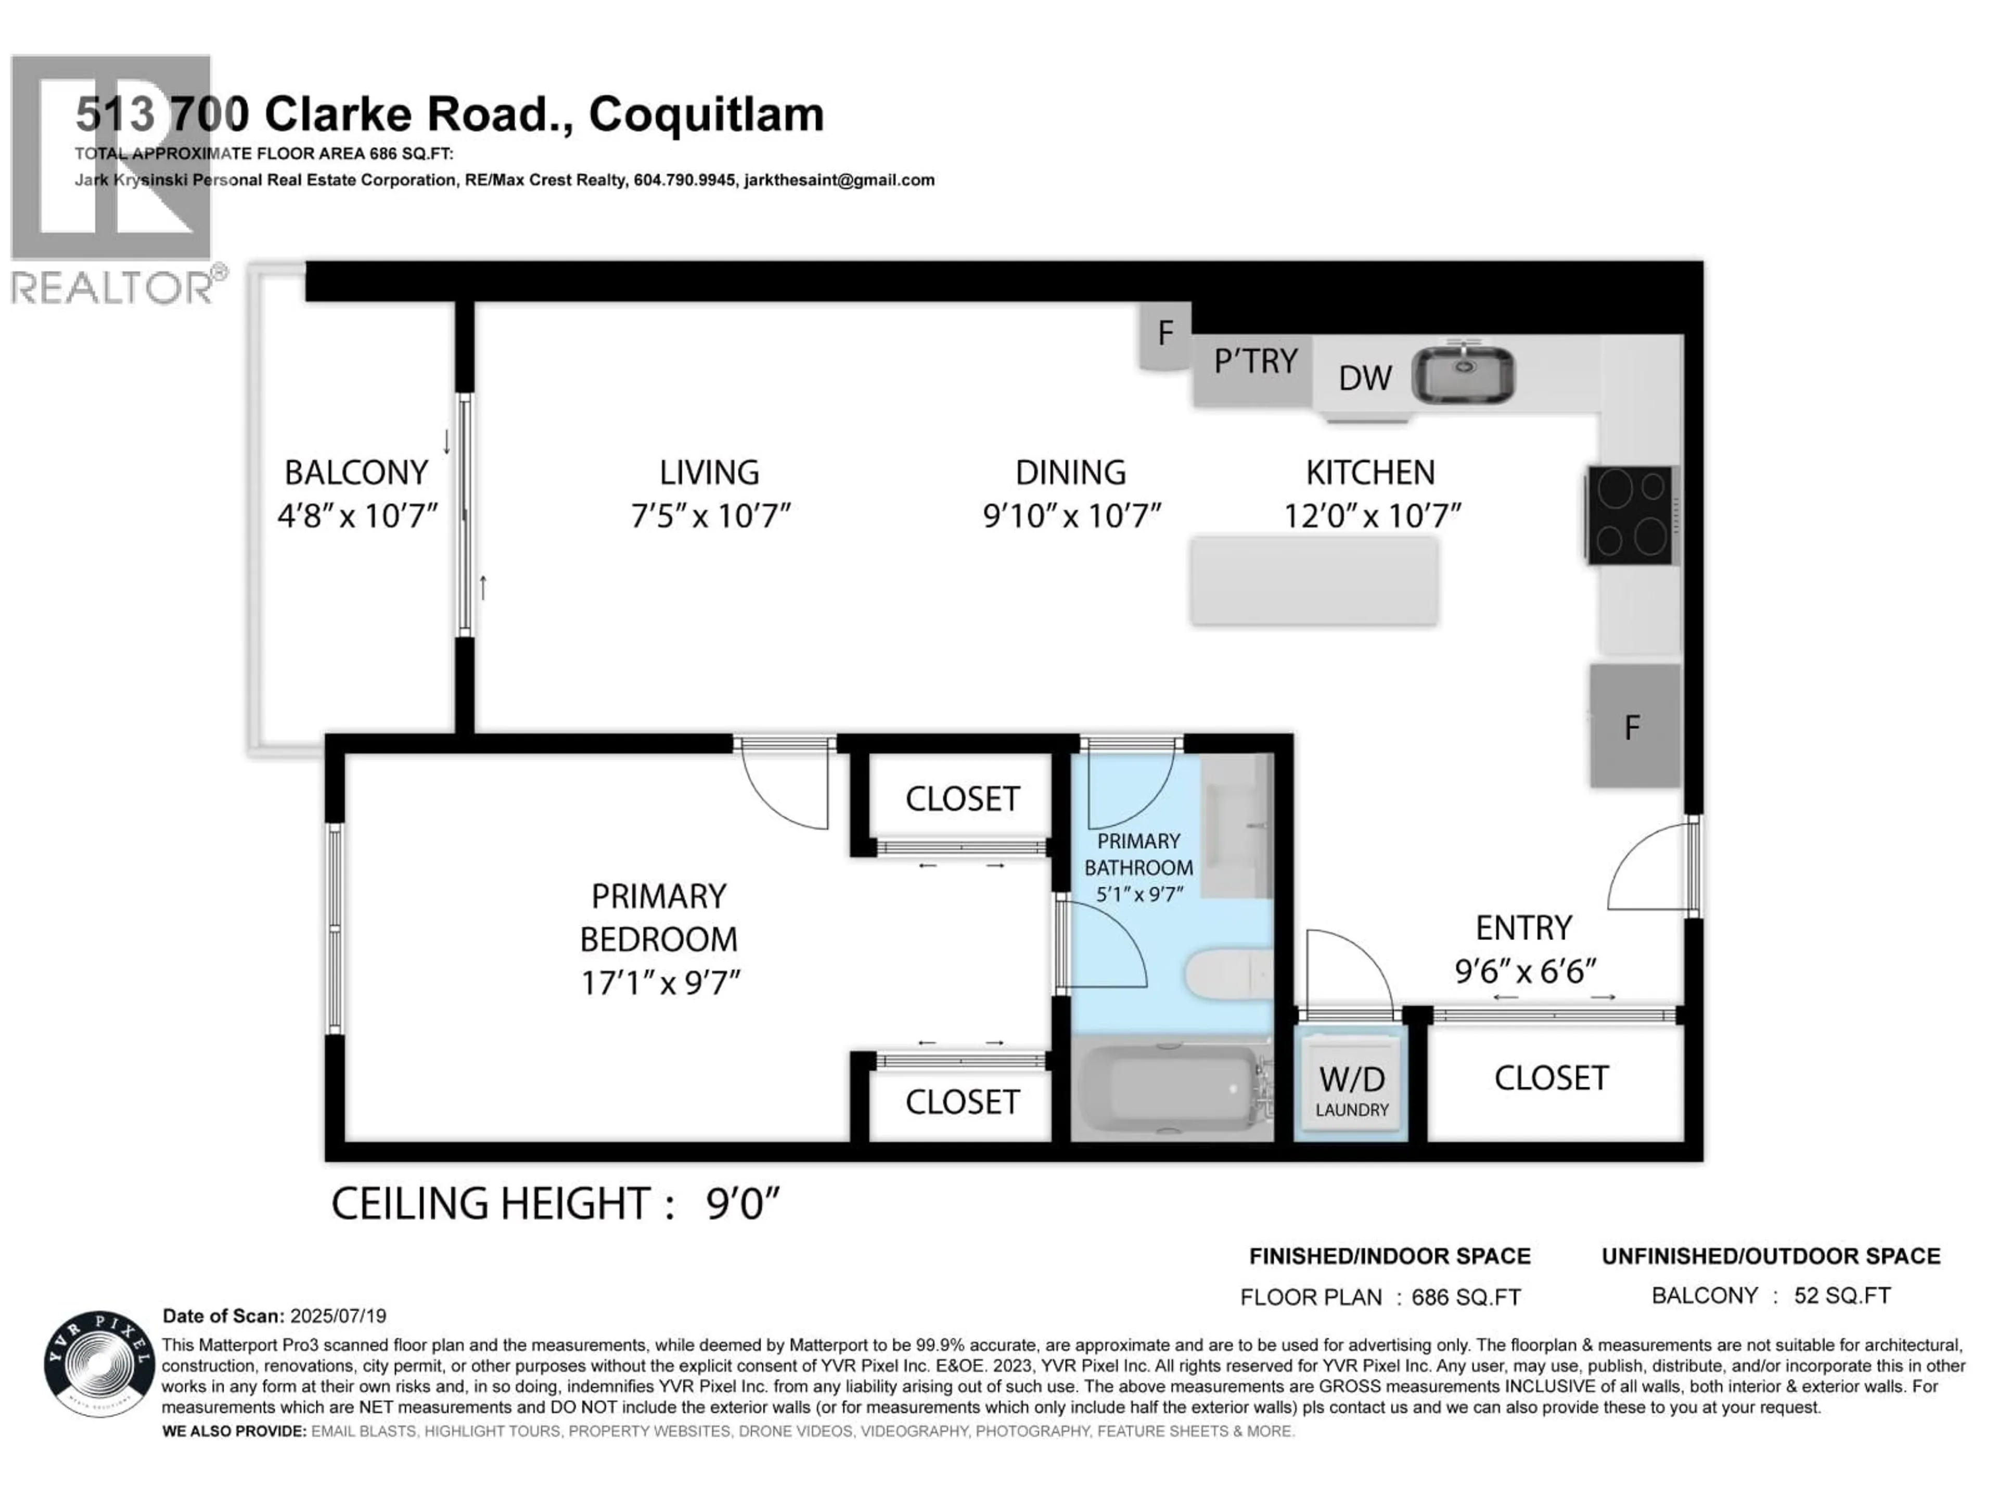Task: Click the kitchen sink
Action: click(1463, 375)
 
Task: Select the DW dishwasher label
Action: click(1365, 378)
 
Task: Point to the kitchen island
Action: click(1314, 581)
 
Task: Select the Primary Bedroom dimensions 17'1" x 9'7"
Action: click(660, 982)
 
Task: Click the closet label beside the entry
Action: click(1551, 1078)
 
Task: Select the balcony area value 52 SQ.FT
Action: click(1842, 1295)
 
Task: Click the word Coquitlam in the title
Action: click(707, 115)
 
